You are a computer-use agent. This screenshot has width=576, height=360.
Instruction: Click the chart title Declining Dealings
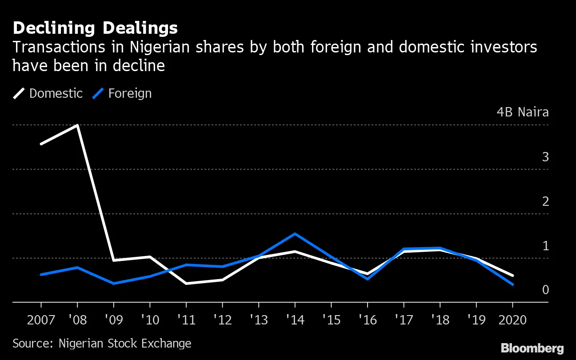pos(95,28)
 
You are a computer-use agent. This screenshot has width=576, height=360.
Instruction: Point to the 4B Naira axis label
pos(523,112)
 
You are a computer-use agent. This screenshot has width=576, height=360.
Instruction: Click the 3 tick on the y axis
pos(545,157)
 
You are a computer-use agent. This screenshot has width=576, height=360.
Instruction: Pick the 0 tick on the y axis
pos(545,290)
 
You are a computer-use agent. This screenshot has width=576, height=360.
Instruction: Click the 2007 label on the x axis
pos(41,320)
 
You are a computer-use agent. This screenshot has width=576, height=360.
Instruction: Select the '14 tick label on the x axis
pos(295,320)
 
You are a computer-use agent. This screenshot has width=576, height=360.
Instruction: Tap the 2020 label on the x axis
pos(512,320)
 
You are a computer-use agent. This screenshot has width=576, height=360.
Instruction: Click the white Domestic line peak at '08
pos(78,125)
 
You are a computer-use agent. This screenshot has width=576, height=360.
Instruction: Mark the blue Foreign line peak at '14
pos(295,234)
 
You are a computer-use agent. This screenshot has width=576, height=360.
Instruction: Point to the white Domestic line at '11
pos(186,283)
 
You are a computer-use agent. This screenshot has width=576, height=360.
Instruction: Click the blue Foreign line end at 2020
pos(512,284)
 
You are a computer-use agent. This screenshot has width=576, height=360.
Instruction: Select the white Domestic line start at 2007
pos(41,144)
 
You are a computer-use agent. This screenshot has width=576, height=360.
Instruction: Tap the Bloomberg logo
pos(532,348)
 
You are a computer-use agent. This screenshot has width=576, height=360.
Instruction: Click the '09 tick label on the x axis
pos(113,320)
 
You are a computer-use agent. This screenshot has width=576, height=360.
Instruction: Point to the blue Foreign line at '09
pos(114,283)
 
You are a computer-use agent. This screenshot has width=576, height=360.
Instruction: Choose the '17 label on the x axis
pos(404,320)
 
